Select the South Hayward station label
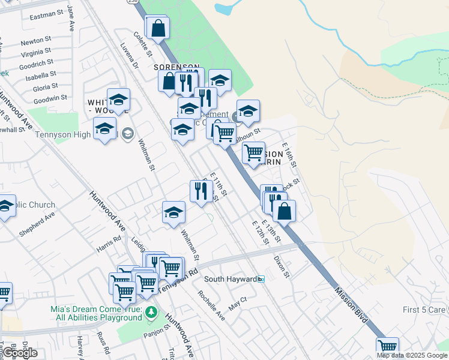click(231, 279)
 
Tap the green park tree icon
click(152, 312)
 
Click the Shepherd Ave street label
click(37, 223)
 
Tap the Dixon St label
click(282, 267)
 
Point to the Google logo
click(19, 353)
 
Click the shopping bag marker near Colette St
click(158, 28)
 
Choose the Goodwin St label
click(50, 98)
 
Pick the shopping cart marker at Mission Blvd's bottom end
click(387, 347)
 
